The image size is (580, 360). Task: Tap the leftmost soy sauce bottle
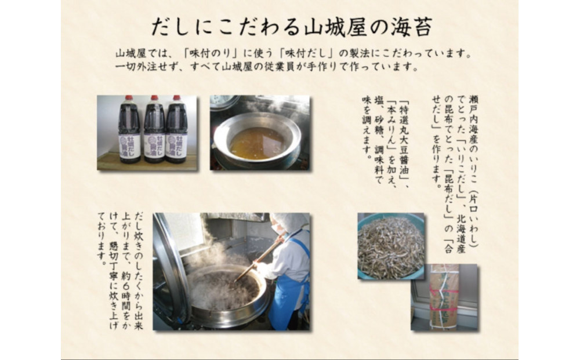(x=129, y=130)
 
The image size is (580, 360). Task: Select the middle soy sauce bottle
(x=154, y=130)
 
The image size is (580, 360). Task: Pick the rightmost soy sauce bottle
(x=176, y=130)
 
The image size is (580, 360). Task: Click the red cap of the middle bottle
(x=154, y=99)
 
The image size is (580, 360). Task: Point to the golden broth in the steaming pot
(x=257, y=143)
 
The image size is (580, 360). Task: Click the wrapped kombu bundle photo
(x=444, y=297)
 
